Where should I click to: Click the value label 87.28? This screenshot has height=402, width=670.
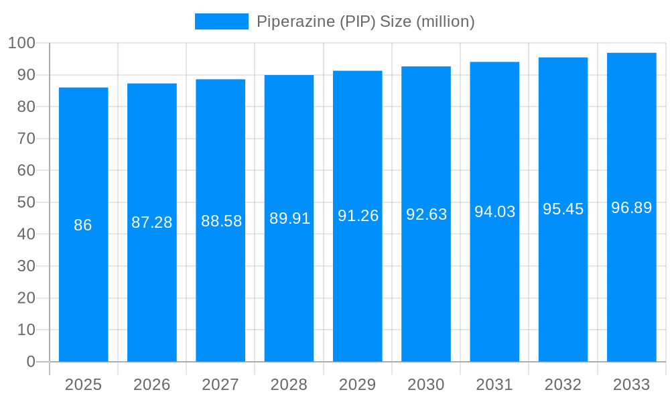pos(152,222)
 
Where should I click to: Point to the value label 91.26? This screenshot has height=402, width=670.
pos(358,216)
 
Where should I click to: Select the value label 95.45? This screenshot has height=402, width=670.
pos(563,209)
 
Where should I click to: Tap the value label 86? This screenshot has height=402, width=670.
pos(83,225)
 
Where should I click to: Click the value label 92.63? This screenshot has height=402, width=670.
pos(426,214)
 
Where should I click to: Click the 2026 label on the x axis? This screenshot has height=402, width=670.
pos(152,385)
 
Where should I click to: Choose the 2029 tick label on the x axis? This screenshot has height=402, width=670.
pos(358,385)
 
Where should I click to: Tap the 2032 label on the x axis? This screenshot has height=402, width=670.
pos(563,385)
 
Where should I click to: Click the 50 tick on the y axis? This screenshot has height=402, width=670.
pos(26,202)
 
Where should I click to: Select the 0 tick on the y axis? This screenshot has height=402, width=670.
pos(31,362)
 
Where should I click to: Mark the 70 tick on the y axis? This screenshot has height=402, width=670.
pos(26,139)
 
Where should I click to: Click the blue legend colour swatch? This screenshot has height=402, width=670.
pos(221,21)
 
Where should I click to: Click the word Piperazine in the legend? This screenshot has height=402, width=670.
pos(294,21)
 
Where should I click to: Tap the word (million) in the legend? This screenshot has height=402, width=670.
pos(446,21)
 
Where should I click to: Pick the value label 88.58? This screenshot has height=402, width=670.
pos(221,221)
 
